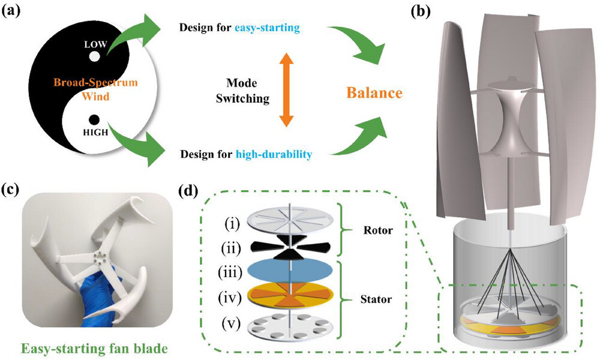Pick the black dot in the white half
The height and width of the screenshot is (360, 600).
[93, 119]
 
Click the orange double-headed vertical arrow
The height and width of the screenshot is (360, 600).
[287, 90]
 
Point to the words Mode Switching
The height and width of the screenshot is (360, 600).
[242, 90]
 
